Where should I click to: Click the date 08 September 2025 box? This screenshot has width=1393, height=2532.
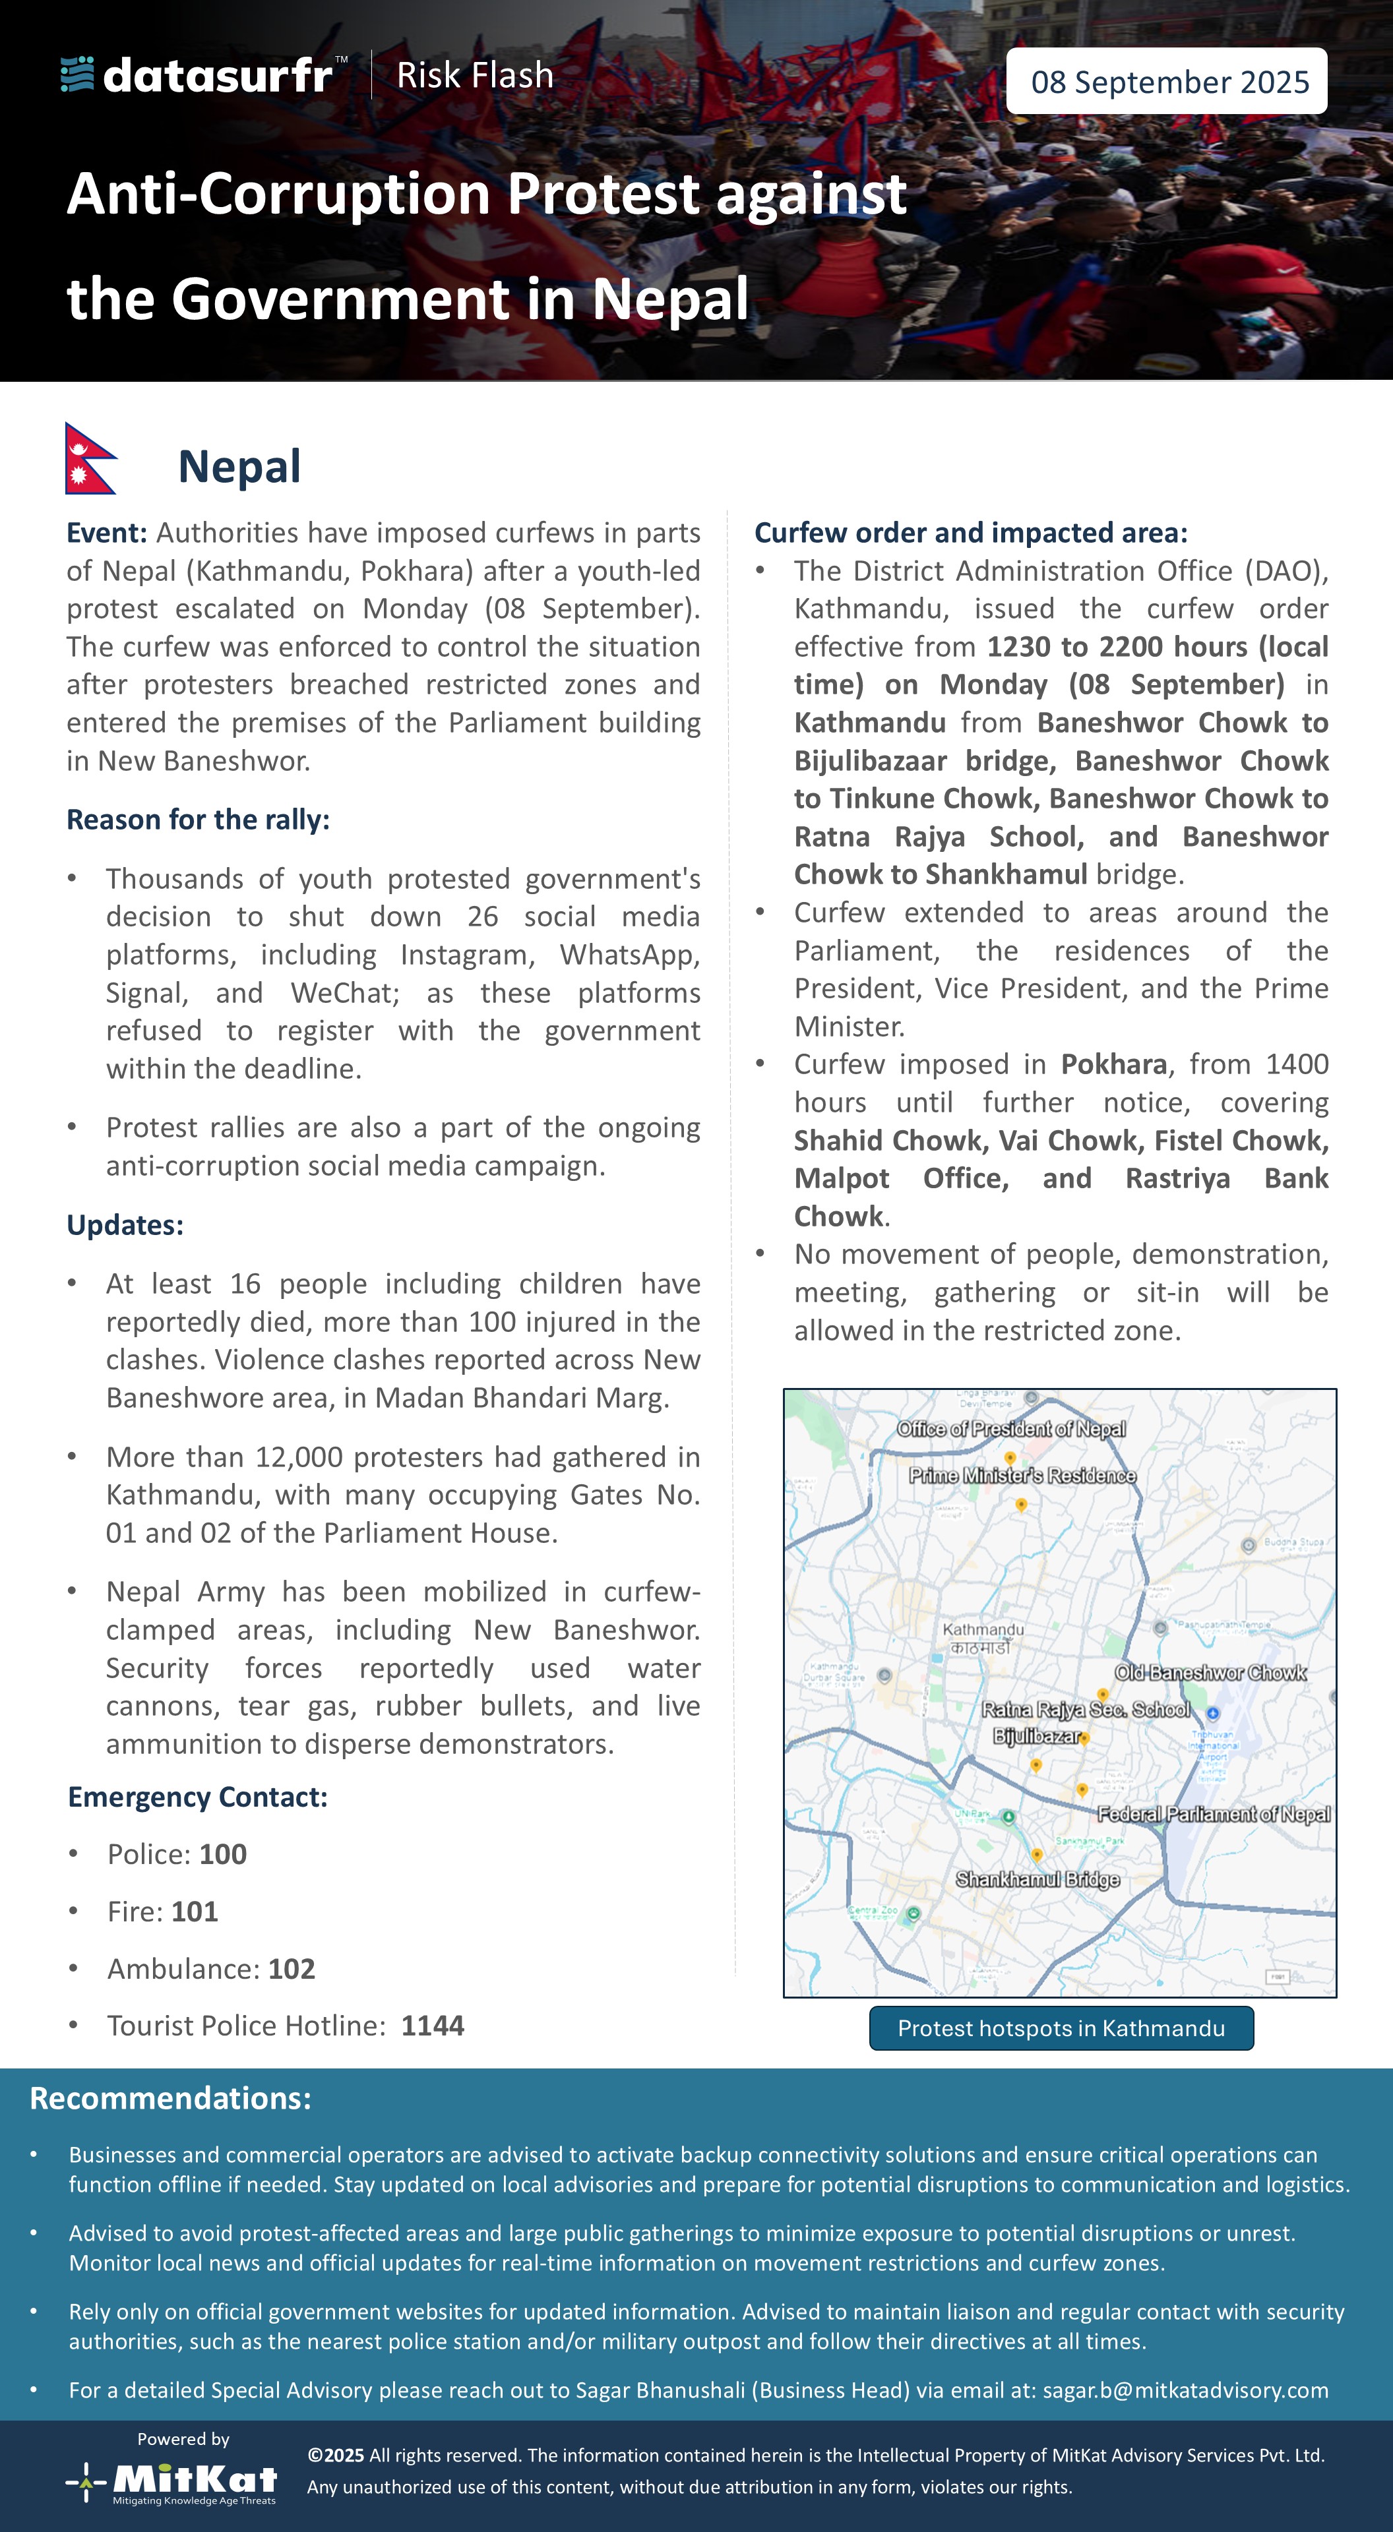tap(1167, 82)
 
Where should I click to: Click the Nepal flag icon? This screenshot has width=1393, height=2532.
tap(90, 458)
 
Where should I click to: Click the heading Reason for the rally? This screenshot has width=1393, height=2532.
tap(198, 819)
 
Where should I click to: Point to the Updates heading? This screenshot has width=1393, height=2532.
tap(125, 1224)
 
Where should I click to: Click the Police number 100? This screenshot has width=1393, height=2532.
tap(223, 1854)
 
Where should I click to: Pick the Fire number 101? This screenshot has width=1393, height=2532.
tap(195, 1911)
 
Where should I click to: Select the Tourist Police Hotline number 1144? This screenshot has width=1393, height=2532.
tap(433, 2025)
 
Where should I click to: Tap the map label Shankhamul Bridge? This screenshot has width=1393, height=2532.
tap(1037, 1879)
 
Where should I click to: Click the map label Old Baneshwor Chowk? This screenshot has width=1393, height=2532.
tap(1210, 1672)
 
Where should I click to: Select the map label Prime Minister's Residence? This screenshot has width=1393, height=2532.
tap(1022, 1476)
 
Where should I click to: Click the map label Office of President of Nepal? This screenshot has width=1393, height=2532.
tap(1010, 1428)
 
